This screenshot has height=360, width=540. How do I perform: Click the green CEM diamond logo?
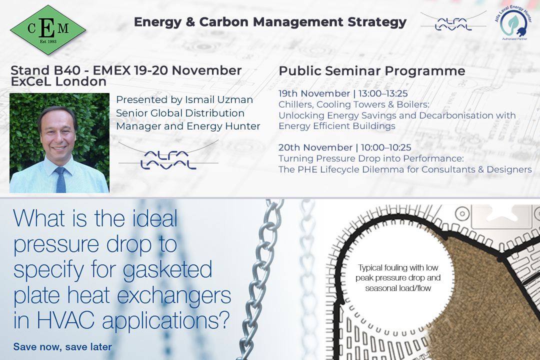[x=48, y=30]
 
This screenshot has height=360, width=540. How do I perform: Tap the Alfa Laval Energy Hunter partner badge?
[x=513, y=22]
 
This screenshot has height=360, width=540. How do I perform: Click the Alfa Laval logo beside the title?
[x=453, y=21]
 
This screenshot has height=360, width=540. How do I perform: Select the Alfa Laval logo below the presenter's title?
[x=168, y=155]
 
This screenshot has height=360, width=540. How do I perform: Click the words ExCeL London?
[x=58, y=81]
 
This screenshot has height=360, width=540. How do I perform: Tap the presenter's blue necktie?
[x=60, y=179]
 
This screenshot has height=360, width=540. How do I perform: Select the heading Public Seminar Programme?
[x=372, y=71]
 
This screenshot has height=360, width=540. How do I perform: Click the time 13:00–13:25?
[x=383, y=93]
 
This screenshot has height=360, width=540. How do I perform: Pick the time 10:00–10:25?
[x=386, y=147]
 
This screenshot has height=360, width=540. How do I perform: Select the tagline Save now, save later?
[x=62, y=346]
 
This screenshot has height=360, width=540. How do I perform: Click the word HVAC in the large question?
[x=65, y=320]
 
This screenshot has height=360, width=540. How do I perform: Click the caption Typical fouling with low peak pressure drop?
[x=398, y=273]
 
